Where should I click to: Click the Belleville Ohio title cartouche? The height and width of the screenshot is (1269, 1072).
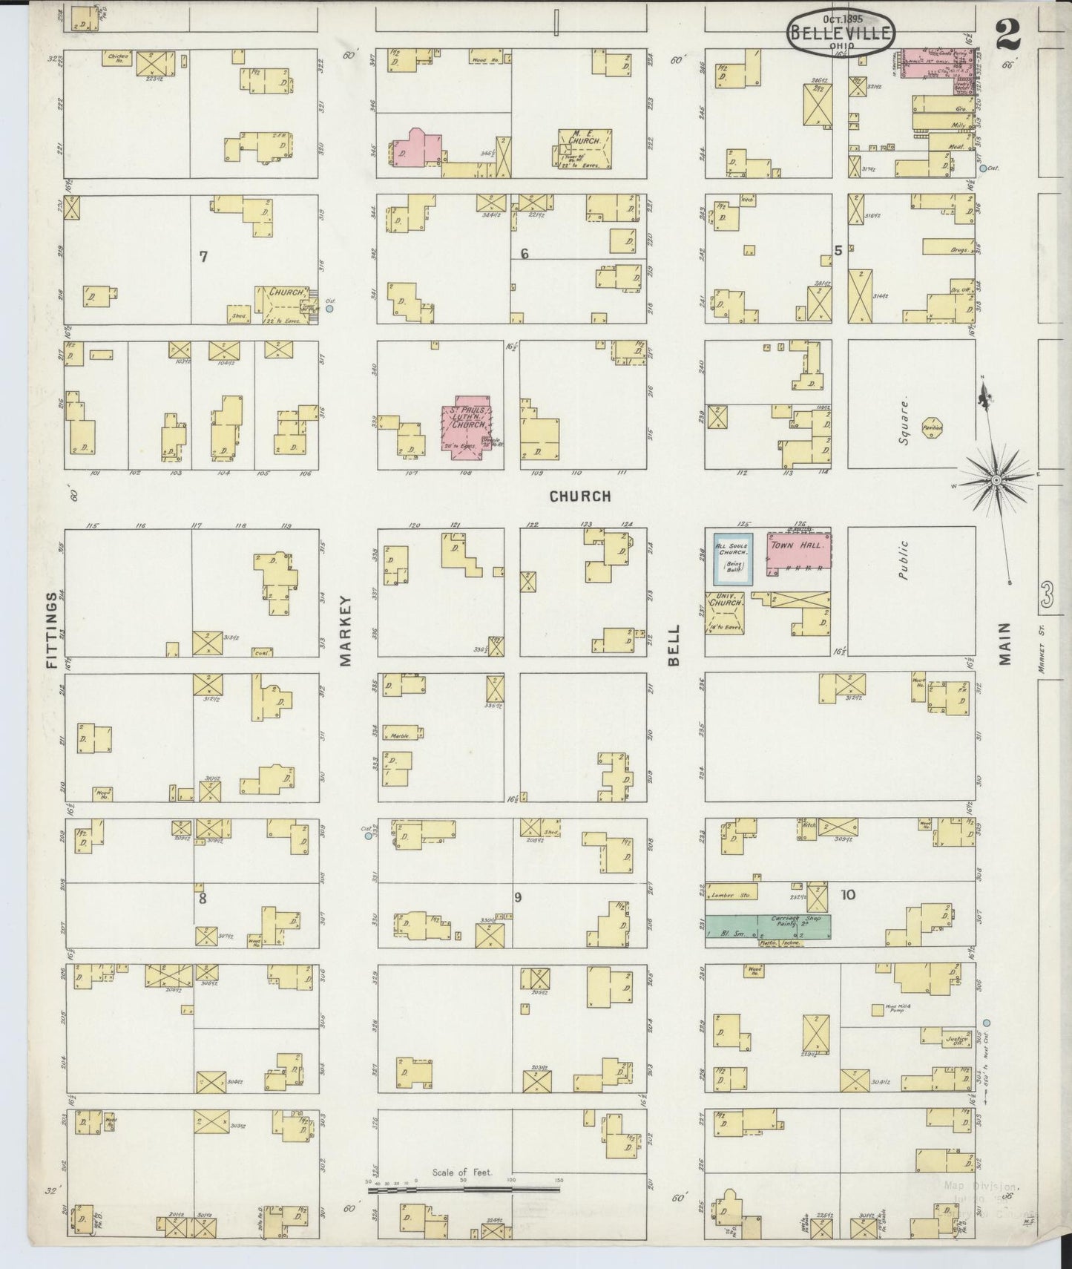pyautogui.click(x=841, y=32)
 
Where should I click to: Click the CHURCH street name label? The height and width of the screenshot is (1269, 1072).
pyautogui.click(x=580, y=496)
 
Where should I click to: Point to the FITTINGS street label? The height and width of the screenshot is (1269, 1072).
pyautogui.click(x=52, y=630)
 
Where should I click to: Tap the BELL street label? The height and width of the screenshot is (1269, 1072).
pyautogui.click(x=674, y=637)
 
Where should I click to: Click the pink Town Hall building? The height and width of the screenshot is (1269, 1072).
pyautogui.click(x=798, y=554)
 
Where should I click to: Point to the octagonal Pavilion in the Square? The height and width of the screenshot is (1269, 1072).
pyautogui.click(x=932, y=429)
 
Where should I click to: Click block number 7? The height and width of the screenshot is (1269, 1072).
pyautogui.click(x=203, y=257)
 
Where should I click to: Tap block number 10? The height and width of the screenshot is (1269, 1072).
pyautogui.click(x=848, y=895)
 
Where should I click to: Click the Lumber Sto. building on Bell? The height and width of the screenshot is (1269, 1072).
pyautogui.click(x=731, y=891)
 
